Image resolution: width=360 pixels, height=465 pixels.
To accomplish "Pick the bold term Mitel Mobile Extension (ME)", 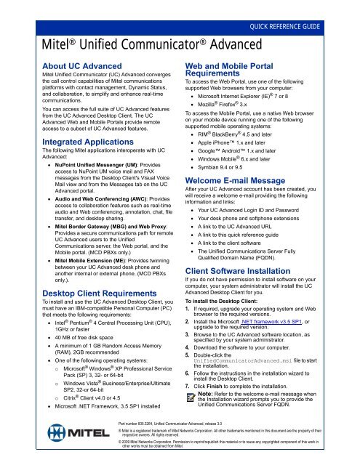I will tap(82, 265).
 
